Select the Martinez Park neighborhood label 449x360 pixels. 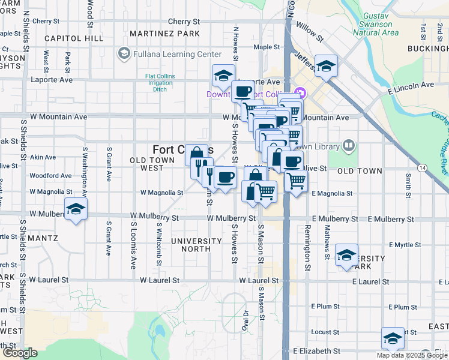164,34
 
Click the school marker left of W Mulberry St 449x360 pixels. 76,209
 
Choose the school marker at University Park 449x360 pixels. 346,255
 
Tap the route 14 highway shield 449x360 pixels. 424,167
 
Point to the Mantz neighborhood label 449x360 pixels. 42,238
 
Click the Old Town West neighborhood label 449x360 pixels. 152,164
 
